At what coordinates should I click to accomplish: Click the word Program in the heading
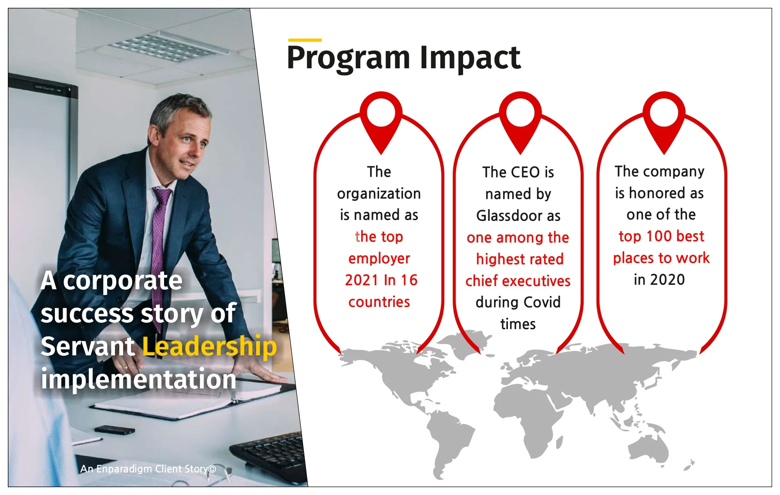[348, 58]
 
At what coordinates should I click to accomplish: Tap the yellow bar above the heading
[305, 40]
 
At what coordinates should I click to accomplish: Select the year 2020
[668, 280]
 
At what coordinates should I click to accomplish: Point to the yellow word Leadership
[210, 347]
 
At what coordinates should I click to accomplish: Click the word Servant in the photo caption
[87, 347]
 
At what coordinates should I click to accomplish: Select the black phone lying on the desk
[114, 430]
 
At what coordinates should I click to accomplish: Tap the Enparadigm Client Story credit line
[148, 469]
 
